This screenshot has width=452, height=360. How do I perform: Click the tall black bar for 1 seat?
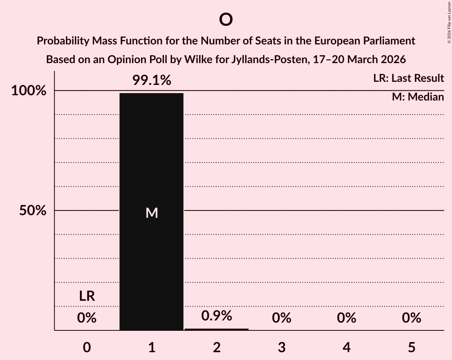(151, 156)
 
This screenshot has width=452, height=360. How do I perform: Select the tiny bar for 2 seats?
(217, 329)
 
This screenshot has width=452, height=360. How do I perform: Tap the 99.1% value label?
(152, 80)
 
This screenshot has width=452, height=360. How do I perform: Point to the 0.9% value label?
(217, 316)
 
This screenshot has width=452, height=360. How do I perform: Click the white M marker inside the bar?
(152, 213)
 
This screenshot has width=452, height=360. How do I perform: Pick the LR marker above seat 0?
(87, 296)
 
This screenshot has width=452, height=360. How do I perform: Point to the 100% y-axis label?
(28, 91)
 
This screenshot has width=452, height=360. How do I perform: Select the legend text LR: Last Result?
(408, 78)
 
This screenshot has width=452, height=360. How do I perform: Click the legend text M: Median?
(418, 97)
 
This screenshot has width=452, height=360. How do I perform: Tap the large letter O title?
(226, 19)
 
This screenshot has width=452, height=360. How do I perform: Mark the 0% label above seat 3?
(282, 318)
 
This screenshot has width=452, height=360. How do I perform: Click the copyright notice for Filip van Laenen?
(448, 23)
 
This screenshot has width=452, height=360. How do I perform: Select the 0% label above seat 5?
(411, 318)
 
